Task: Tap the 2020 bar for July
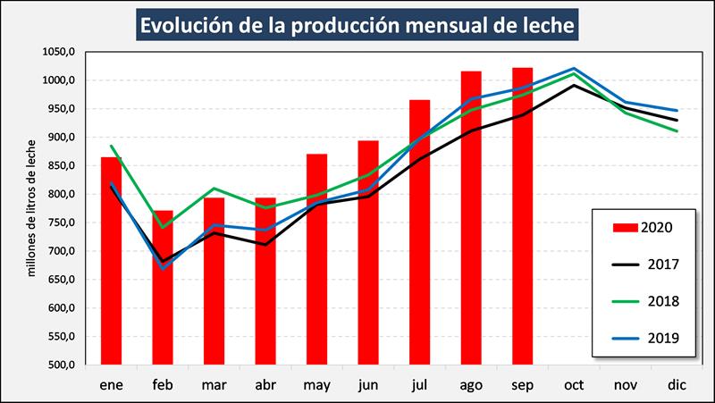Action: (419, 232)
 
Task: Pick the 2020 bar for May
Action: (316, 259)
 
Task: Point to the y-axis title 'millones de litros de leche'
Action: (30, 207)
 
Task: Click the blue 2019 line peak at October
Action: (574, 69)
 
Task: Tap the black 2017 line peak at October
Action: (574, 85)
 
